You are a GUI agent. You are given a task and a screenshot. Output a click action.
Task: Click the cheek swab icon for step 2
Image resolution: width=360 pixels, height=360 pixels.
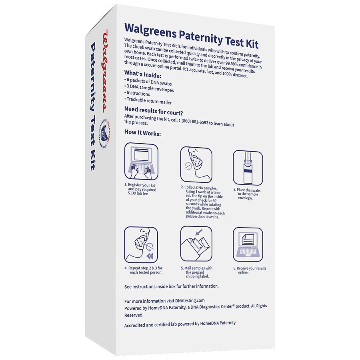tap(196, 164)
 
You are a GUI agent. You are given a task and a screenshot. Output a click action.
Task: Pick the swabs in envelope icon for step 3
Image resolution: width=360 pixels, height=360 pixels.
tap(248, 168)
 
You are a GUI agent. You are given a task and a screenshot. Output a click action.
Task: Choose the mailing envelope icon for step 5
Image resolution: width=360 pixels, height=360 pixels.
tap(196, 245)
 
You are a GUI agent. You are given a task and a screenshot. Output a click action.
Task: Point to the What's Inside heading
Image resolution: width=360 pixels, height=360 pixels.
tap(143, 75)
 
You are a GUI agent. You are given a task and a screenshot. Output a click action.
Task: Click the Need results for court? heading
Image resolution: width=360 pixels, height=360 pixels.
tap(154, 110)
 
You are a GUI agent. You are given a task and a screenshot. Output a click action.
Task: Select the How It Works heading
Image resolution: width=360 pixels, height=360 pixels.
tap(142, 133)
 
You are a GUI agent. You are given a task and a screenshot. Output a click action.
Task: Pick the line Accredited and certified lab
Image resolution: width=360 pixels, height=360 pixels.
tap(180, 323)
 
